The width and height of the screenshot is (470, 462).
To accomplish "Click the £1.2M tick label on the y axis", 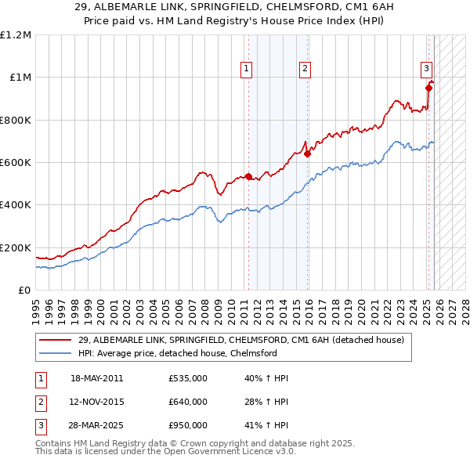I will (x=16, y=35).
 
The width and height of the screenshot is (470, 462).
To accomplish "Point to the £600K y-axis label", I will (x=16, y=163).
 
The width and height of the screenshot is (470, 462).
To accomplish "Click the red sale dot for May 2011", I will (x=248, y=176).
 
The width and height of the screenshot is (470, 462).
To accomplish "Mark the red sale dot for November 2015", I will (x=307, y=153).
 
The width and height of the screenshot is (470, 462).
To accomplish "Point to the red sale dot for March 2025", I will (x=428, y=88).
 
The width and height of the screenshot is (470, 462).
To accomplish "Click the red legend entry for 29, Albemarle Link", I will (x=240, y=340).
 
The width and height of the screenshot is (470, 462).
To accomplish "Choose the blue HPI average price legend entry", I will (x=178, y=353).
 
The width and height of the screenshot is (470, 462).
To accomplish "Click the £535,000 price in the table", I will (x=188, y=378).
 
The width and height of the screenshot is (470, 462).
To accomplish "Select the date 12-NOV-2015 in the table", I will (x=97, y=402).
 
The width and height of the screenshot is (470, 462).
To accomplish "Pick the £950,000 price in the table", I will (x=188, y=425).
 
